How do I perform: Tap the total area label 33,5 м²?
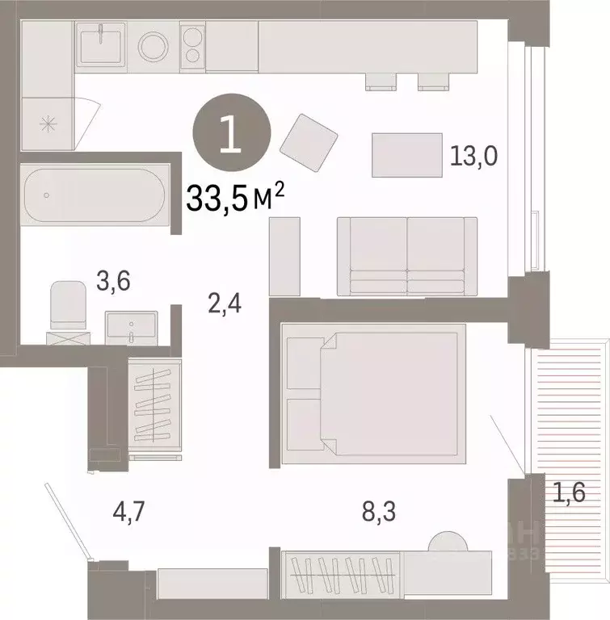pyautogui.click(x=238, y=196)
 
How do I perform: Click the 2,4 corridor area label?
pyautogui.click(x=225, y=304)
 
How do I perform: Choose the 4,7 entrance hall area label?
pyautogui.click(x=131, y=510)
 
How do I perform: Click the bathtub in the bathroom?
pyautogui.click(x=95, y=195)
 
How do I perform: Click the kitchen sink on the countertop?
pyautogui.click(x=100, y=44)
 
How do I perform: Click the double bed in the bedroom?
pyautogui.click(x=373, y=393)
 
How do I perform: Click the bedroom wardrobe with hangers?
pyautogui.click(x=340, y=572)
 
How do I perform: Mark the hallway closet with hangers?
pyautogui.click(x=154, y=404)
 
